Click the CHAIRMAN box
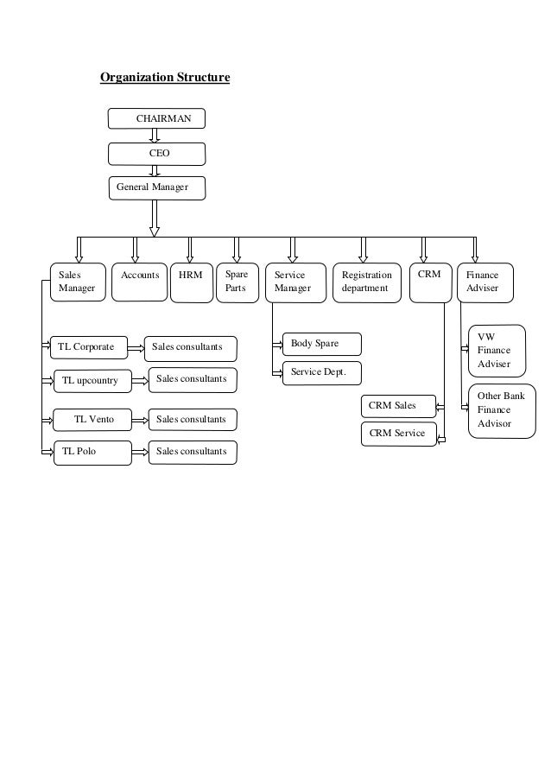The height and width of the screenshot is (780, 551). pyautogui.click(x=156, y=118)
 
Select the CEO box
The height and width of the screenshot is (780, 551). pyautogui.click(x=156, y=154)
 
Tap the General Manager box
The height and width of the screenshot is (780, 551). pyautogui.click(x=156, y=187)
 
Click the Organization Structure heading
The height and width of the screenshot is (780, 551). pyautogui.click(x=165, y=79)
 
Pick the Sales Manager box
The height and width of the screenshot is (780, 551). pyautogui.click(x=77, y=282)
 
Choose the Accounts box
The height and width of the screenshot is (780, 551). pyautogui.click(x=139, y=282)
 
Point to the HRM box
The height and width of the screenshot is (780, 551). pyautogui.click(x=191, y=282)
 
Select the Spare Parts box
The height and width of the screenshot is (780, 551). pyautogui.click(x=237, y=282)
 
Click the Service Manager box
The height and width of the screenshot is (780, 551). pyautogui.click(x=294, y=282)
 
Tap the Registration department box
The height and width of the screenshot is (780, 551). pyautogui.click(x=366, y=282)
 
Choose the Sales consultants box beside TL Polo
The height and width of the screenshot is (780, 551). pyautogui.click(x=191, y=452)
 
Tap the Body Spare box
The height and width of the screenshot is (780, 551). pyautogui.click(x=320, y=344)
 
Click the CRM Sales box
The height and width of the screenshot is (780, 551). pyautogui.click(x=397, y=405)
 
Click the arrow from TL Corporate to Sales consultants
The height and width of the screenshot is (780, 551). pyautogui.click(x=136, y=347)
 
